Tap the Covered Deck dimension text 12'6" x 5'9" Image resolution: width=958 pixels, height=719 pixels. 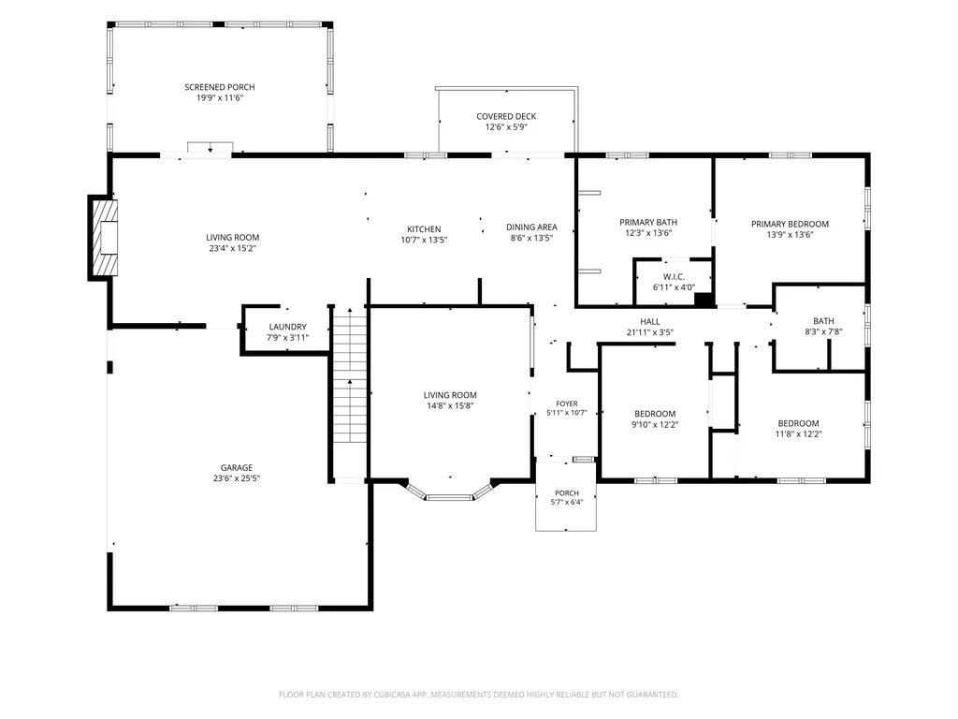tap(506, 127)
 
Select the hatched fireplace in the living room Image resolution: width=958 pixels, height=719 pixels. tap(104, 238)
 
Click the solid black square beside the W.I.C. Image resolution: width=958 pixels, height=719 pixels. tap(704, 300)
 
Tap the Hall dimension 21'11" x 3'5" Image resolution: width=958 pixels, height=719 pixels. tap(650, 332)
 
